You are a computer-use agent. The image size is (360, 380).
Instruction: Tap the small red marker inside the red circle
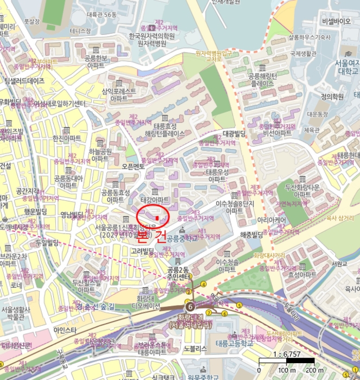[157, 218]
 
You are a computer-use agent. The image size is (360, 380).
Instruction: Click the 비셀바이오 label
[336, 21]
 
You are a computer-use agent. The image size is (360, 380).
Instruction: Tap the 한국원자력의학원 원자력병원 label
[151, 40]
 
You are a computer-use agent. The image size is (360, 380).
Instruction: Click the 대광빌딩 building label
[234, 133]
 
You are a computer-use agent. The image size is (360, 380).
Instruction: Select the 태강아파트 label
[155, 200]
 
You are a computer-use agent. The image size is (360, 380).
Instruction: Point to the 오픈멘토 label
[134, 166]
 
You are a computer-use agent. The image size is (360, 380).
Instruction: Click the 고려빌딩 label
[144, 251]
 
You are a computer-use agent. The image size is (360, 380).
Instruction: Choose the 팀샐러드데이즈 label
[24, 81]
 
